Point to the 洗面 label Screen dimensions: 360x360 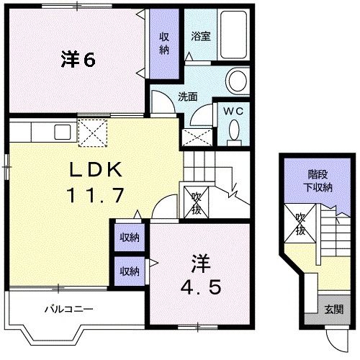pos(188,96)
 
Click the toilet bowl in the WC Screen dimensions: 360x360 pos(234,130)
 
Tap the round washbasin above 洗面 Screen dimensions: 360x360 pos(236,80)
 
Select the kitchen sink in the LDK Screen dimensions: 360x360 pos(60,131)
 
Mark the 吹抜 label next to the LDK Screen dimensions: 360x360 pos(196,203)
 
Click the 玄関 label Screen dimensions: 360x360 pos(332,310)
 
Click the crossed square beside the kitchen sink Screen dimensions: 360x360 pos(92,132)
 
